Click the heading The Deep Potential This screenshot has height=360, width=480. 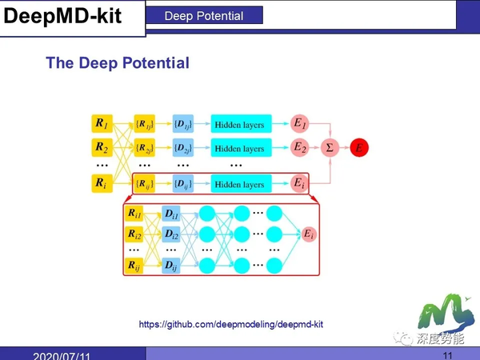click(118, 63)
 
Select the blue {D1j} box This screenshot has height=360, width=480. click(183, 124)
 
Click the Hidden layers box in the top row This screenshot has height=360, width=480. click(241, 124)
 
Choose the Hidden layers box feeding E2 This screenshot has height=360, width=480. click(241, 148)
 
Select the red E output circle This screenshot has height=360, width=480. click(359, 148)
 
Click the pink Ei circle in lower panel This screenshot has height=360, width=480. click(308, 234)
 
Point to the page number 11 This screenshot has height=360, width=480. click(447, 354)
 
